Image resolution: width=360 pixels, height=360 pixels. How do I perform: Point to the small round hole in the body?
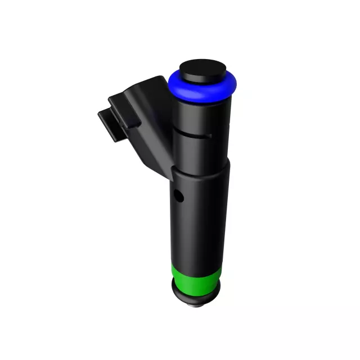click(179, 197)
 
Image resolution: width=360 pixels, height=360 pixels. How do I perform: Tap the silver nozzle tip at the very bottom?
click(196, 304)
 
